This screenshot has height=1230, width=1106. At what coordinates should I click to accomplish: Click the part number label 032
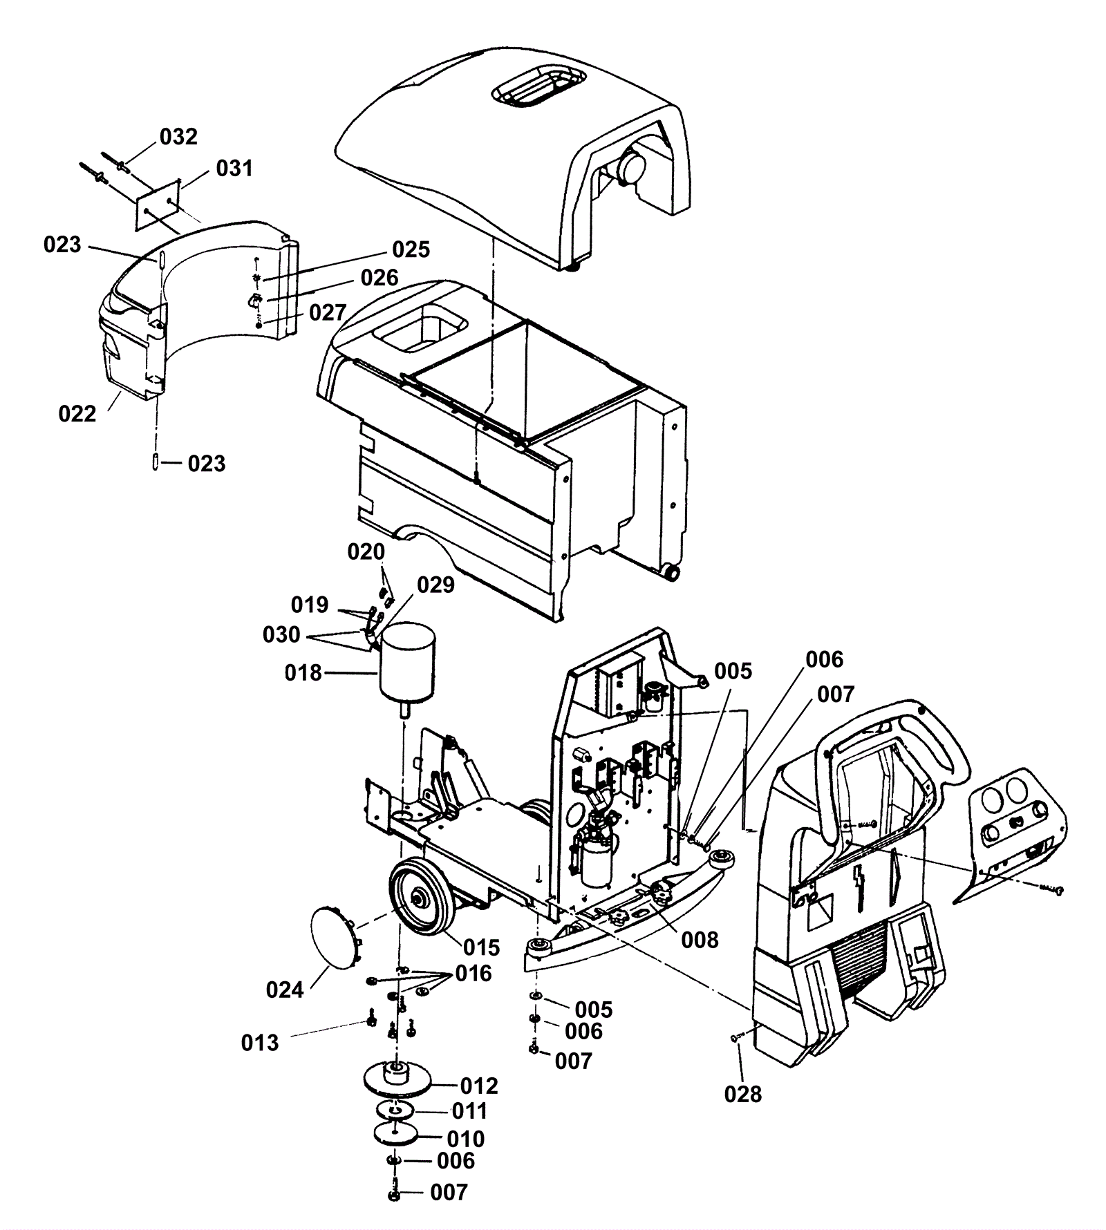(x=178, y=137)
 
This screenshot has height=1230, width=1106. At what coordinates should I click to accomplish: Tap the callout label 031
(x=234, y=168)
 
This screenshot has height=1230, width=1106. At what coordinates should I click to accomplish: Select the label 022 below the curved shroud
(x=77, y=414)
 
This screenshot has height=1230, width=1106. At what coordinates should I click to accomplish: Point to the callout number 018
(x=303, y=672)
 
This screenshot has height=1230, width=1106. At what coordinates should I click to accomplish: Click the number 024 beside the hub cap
(x=285, y=990)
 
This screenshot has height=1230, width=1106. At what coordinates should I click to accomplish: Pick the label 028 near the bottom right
(x=743, y=1094)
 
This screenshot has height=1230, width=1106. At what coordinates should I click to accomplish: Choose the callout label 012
(x=479, y=1086)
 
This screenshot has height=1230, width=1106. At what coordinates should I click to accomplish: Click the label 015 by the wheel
(x=482, y=947)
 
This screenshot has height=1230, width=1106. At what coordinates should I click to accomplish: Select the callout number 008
(x=700, y=940)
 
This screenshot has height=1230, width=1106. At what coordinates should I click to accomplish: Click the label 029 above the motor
(x=435, y=585)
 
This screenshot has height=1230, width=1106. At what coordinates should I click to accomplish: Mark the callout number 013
(x=260, y=1043)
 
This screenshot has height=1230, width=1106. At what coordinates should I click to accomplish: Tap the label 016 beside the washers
(x=473, y=974)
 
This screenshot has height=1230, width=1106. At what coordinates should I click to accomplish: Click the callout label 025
(x=411, y=249)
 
